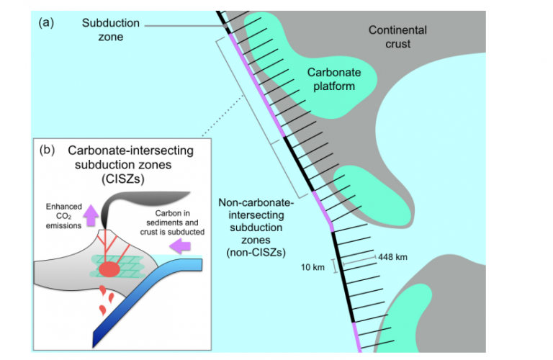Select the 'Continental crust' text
point(397,37)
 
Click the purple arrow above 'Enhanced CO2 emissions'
point(90,213)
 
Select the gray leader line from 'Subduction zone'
point(180,27)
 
